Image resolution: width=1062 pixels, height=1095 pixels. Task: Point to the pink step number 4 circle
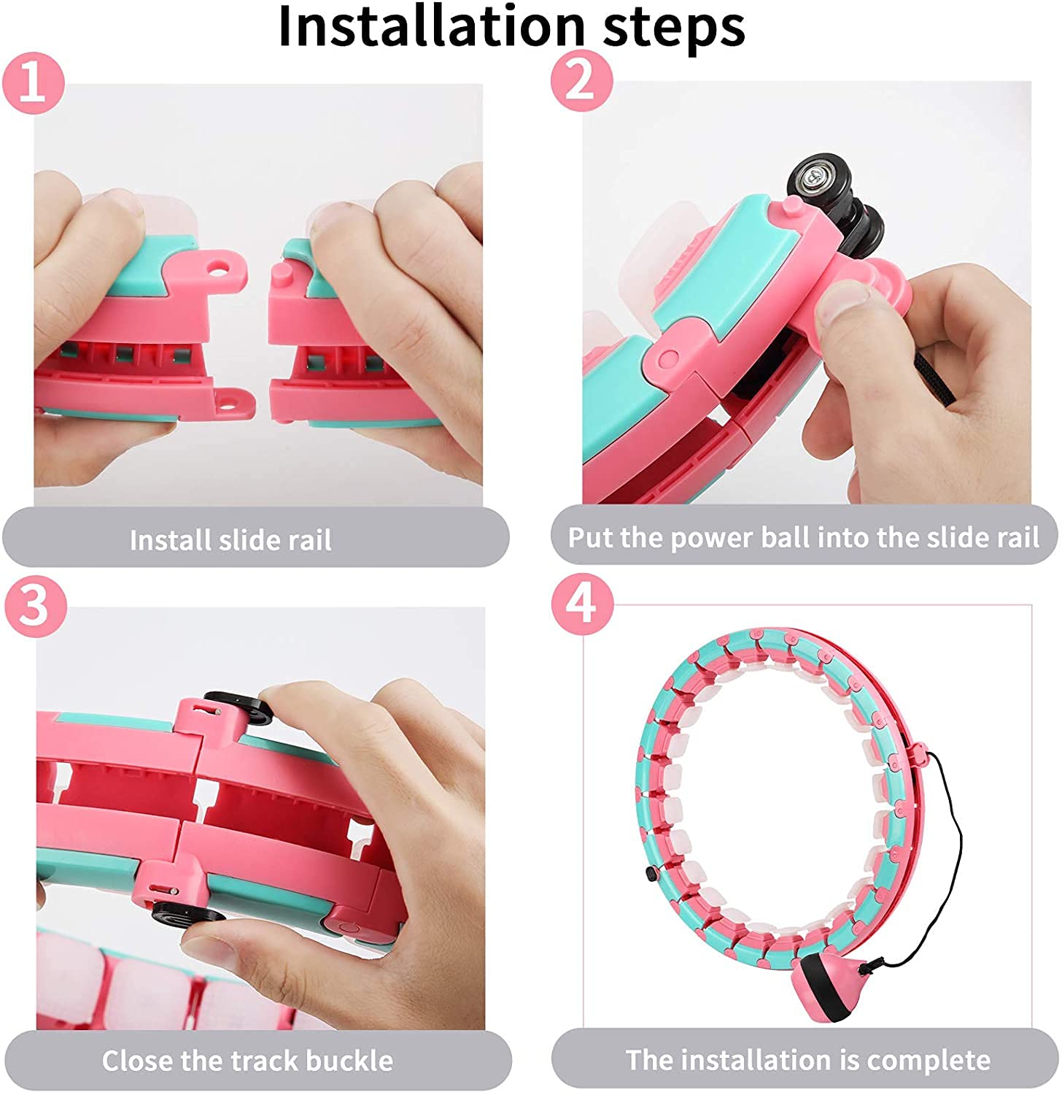(x=581, y=604)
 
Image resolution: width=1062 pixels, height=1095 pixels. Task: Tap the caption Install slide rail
(x=230, y=540)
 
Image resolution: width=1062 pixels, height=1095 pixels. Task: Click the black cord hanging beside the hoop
(x=956, y=839)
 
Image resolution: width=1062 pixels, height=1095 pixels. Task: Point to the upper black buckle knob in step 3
(x=241, y=707)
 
